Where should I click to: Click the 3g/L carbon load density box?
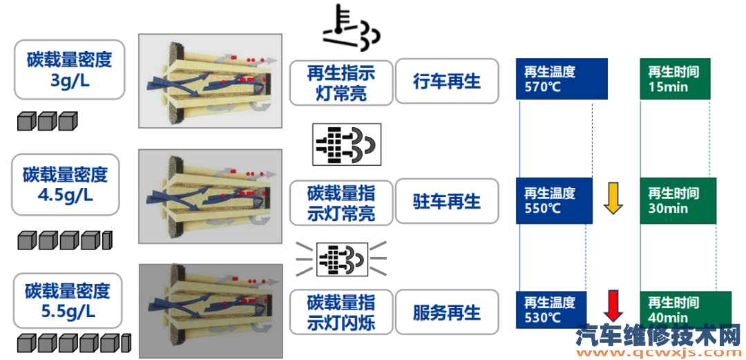tap(70, 69)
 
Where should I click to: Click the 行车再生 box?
tap(446, 82)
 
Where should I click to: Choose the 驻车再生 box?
tap(446, 202)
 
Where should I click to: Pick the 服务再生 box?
tap(446, 313)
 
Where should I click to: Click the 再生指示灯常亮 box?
tap(341, 82)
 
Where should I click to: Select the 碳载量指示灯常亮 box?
tap(341, 202)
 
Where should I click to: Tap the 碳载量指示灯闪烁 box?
tap(341, 313)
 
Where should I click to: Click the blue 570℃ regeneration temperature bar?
tap(562, 79)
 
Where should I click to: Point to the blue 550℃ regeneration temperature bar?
tap(554, 200)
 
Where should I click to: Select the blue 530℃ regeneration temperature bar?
tap(551, 310)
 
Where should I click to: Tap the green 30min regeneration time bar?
tap(678, 200)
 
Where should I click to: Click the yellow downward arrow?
tap(613, 198)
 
